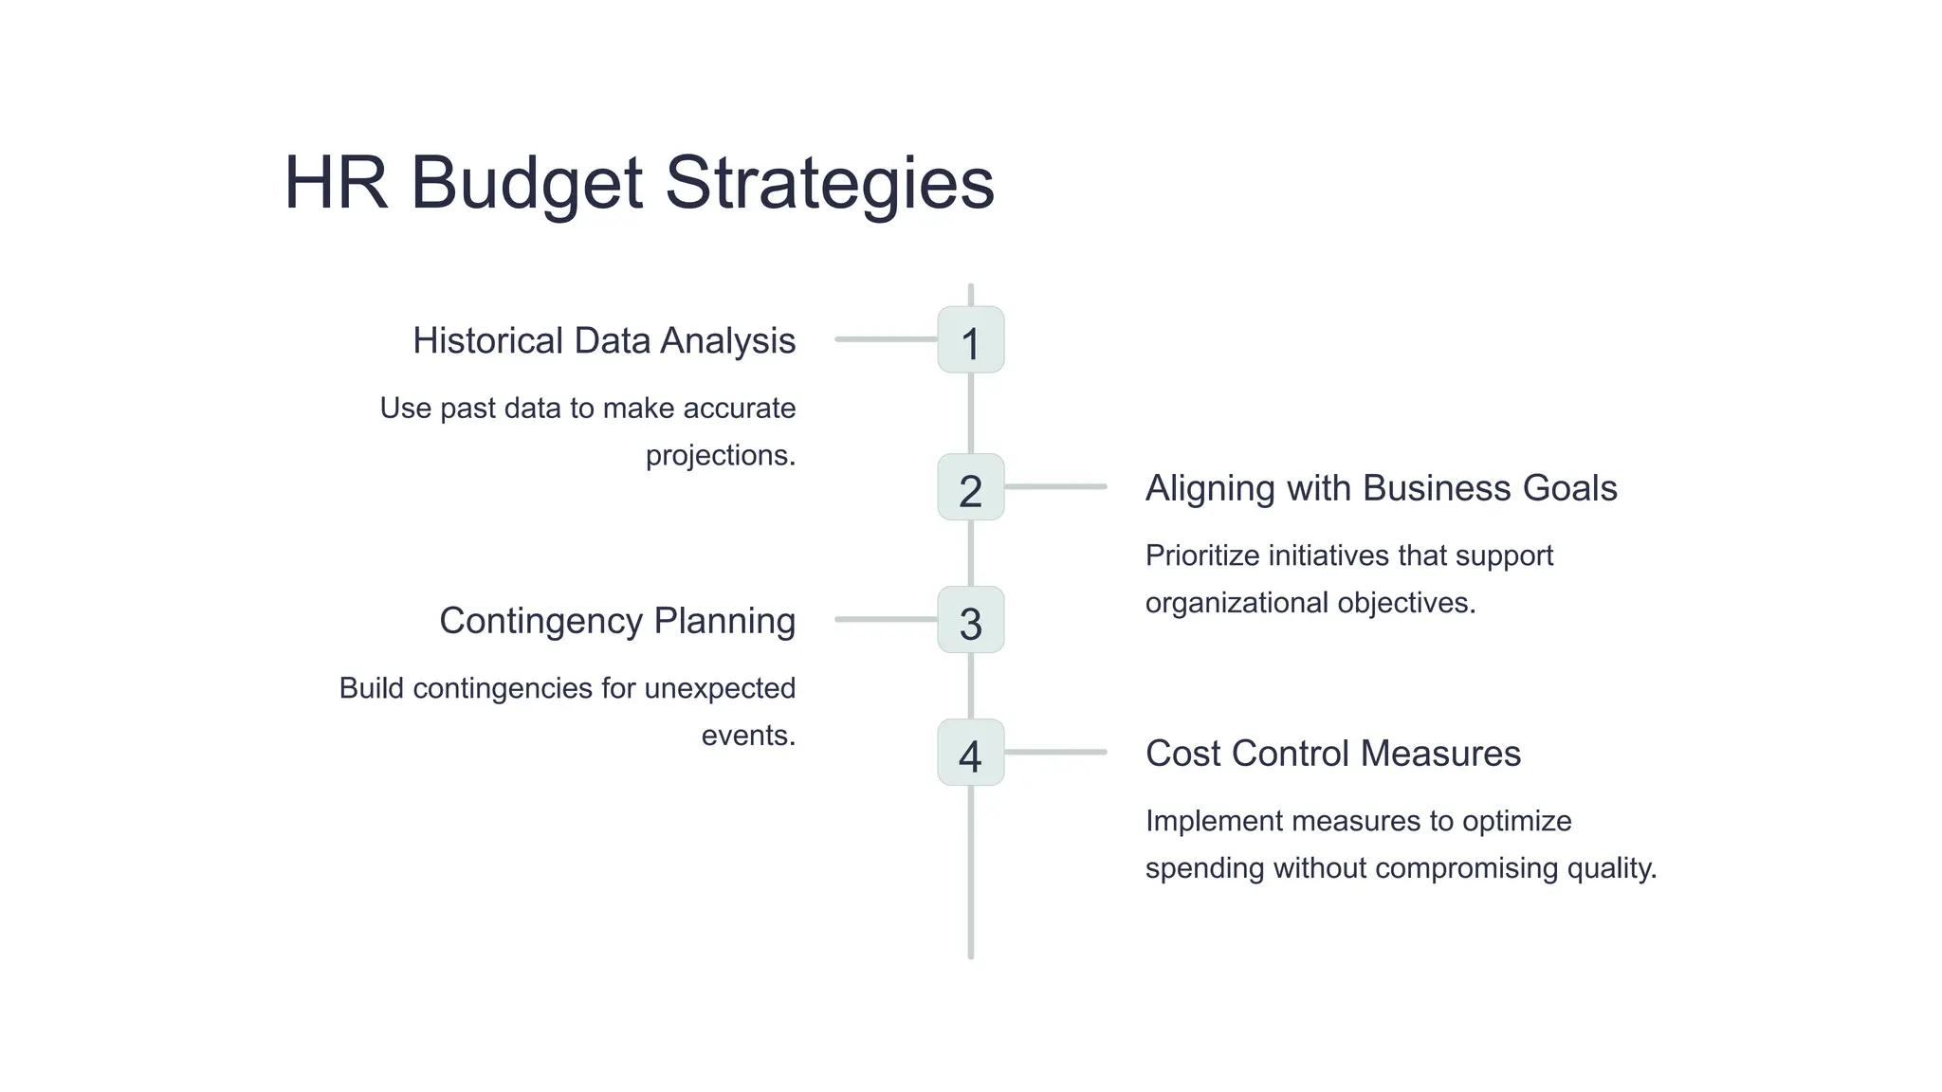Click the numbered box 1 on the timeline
(970, 339)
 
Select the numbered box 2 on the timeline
(970, 487)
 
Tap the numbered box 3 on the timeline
(970, 620)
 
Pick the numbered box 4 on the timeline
(970, 753)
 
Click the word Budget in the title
(526, 183)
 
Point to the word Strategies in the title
(830, 183)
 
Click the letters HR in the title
(336, 183)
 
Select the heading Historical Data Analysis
(604, 341)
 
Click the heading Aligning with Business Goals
(1381, 488)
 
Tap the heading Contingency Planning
(617, 621)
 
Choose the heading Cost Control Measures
(1332, 754)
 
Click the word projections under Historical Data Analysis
(719, 456)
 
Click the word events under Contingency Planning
(746, 736)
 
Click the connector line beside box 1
(886, 339)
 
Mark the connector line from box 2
(1055, 487)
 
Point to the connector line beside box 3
(886, 620)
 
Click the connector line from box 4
(1055, 753)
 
